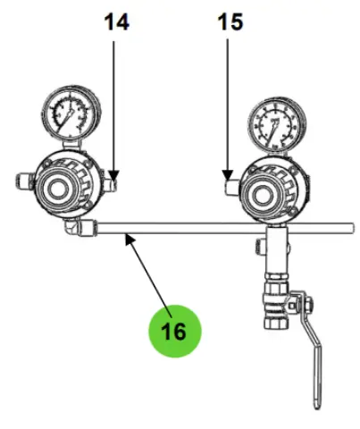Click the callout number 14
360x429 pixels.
(117, 22)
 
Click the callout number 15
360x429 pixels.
(230, 22)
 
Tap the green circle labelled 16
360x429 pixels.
(175, 331)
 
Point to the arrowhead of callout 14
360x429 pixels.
(113, 175)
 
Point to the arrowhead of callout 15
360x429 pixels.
(228, 175)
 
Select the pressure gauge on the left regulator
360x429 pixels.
(71, 114)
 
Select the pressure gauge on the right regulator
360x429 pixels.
(277, 125)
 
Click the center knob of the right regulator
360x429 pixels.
(263, 195)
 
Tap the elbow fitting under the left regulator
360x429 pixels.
(71, 228)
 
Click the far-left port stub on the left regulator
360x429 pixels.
(25, 181)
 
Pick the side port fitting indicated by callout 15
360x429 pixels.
(232, 188)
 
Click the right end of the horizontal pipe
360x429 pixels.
(352, 229)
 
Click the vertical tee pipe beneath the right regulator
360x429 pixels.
(277, 250)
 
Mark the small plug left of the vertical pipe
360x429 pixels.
(260, 247)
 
